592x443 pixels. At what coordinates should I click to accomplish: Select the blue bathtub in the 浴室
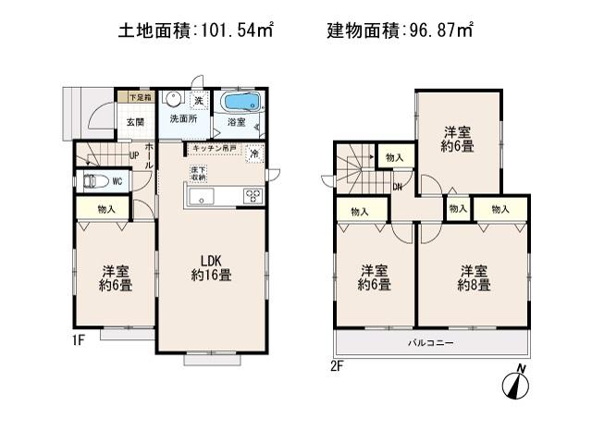(240, 101)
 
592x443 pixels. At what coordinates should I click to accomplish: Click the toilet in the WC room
(94, 181)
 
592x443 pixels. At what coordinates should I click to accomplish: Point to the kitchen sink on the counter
(202, 195)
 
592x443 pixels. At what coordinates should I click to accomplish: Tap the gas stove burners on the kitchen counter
(253, 195)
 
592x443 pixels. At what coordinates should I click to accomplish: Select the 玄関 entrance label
(134, 122)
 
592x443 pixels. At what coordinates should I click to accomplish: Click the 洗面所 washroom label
(182, 121)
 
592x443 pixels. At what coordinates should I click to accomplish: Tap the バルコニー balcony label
(431, 344)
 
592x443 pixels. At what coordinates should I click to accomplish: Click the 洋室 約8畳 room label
(474, 277)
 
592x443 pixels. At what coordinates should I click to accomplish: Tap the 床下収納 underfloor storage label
(198, 174)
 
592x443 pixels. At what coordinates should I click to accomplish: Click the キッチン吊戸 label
(215, 149)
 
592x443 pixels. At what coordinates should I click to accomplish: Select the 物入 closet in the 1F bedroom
(107, 210)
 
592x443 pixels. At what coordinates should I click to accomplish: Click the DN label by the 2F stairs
(396, 188)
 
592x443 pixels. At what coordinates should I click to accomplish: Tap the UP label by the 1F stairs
(135, 155)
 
